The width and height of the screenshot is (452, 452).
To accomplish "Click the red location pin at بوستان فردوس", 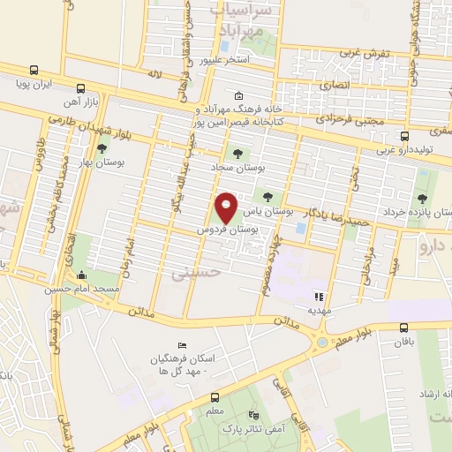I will (227, 207).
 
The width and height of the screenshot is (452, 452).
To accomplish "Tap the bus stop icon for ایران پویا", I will (34, 70).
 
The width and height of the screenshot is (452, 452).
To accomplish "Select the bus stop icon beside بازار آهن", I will (80, 88).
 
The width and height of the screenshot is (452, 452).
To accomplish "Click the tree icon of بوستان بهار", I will (103, 150).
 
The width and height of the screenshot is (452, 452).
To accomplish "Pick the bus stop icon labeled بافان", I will (403, 326).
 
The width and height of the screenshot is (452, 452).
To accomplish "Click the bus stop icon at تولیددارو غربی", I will (404, 137).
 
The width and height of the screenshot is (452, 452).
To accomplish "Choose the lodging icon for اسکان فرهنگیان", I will (182, 344).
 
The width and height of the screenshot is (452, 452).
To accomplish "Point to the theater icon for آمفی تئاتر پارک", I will (254, 414).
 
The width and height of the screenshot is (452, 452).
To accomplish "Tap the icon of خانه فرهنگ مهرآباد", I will (238, 96).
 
